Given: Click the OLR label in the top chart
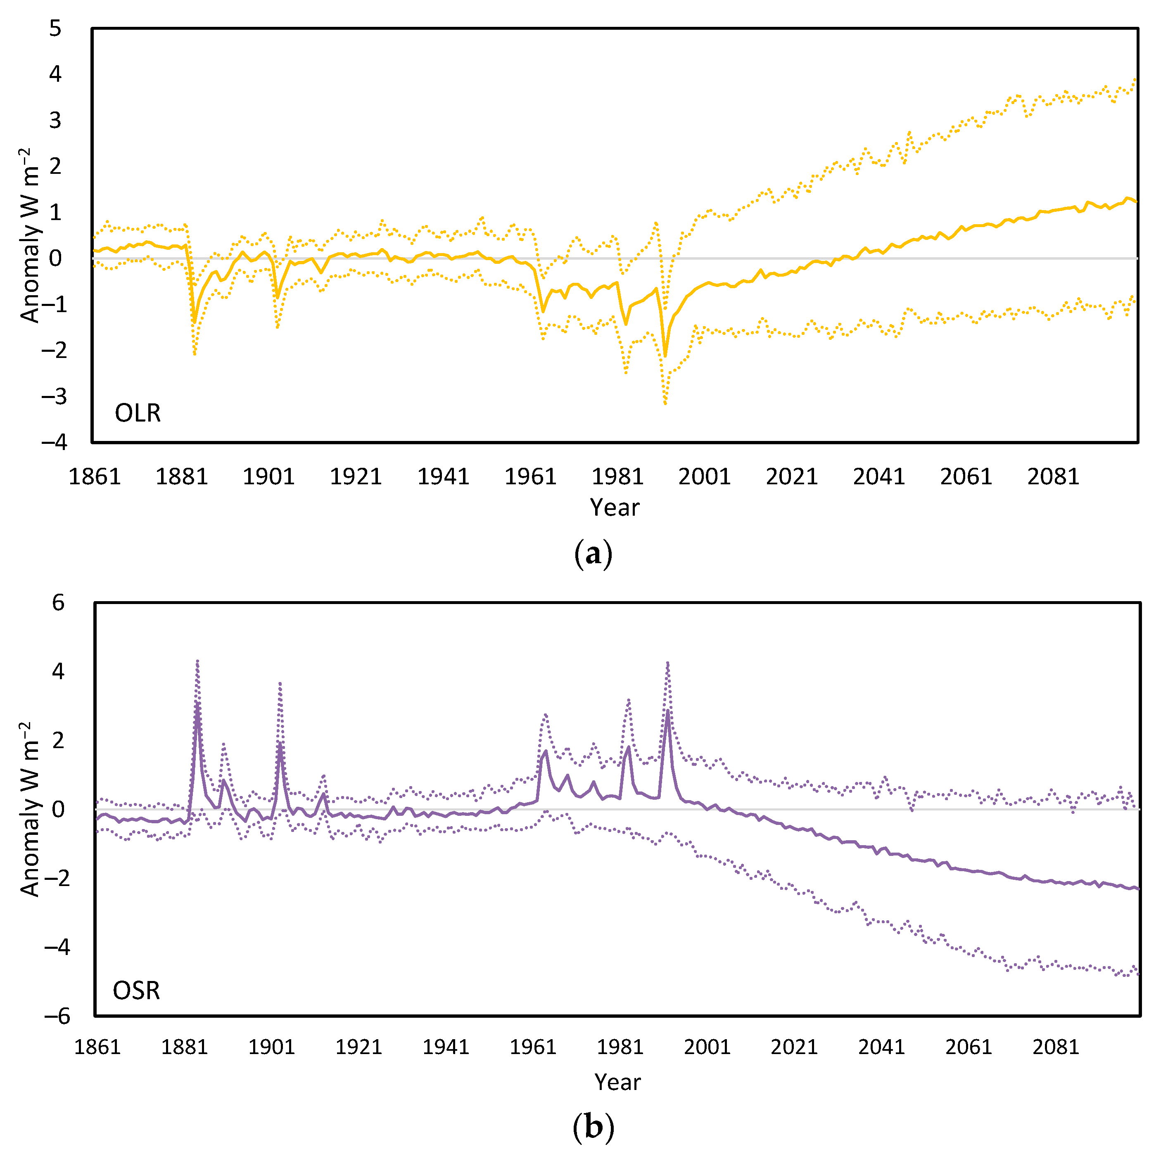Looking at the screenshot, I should pos(138,413).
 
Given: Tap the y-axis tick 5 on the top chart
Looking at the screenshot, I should pos(55,28).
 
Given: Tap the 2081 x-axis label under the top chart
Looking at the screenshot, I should pos(1053,476).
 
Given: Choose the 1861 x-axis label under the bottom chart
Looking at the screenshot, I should pos(97,1047).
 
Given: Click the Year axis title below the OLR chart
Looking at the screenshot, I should pos(615,507).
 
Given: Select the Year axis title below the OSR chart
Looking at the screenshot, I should pos(617,1082).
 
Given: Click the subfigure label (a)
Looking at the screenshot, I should pos(593,553).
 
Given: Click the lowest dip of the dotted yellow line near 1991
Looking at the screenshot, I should pos(665,403).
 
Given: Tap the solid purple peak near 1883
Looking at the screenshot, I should pos(197,704).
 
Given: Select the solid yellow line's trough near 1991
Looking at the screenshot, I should pos(665,356).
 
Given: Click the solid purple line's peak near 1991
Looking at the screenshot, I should pos(667,711).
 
